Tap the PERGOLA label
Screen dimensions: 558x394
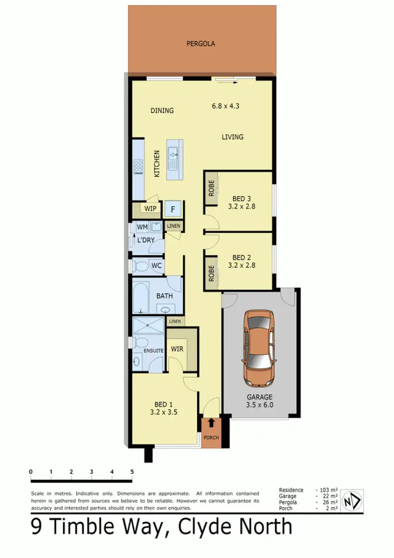click(x=201, y=44)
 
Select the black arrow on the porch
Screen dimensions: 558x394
click(x=211, y=422)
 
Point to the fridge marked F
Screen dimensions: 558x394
click(x=173, y=209)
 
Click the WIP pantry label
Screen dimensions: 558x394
click(x=150, y=208)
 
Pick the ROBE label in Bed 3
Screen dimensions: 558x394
click(x=211, y=188)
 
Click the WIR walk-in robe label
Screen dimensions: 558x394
click(x=177, y=348)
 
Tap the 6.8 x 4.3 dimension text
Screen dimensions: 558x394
click(x=226, y=105)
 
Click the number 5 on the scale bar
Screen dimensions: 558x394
click(x=132, y=471)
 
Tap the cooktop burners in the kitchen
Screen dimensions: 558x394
click(x=139, y=166)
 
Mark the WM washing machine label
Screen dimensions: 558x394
click(x=142, y=227)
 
